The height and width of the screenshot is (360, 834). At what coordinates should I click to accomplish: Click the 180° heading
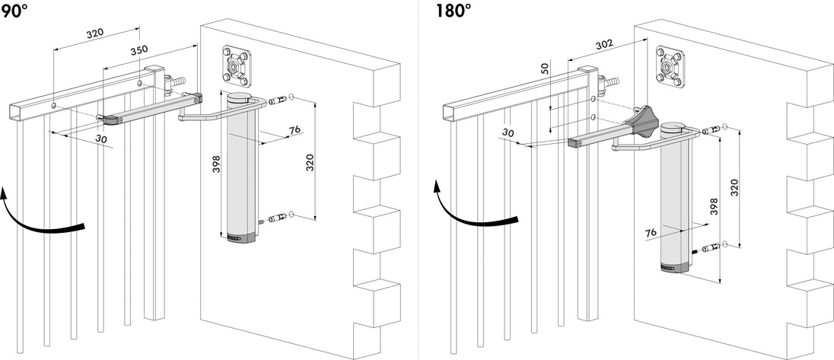[454, 11]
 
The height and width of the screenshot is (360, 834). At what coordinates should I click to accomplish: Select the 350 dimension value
[138, 50]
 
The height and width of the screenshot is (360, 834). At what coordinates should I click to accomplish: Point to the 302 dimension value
[603, 45]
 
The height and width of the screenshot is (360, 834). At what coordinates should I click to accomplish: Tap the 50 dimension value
[544, 68]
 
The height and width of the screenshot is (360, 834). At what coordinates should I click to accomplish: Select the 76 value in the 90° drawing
[294, 131]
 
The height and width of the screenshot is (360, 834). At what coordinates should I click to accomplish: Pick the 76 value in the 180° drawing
[650, 232]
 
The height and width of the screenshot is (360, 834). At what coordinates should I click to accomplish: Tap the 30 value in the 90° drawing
[101, 139]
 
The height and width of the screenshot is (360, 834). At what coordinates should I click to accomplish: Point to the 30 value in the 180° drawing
[508, 133]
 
